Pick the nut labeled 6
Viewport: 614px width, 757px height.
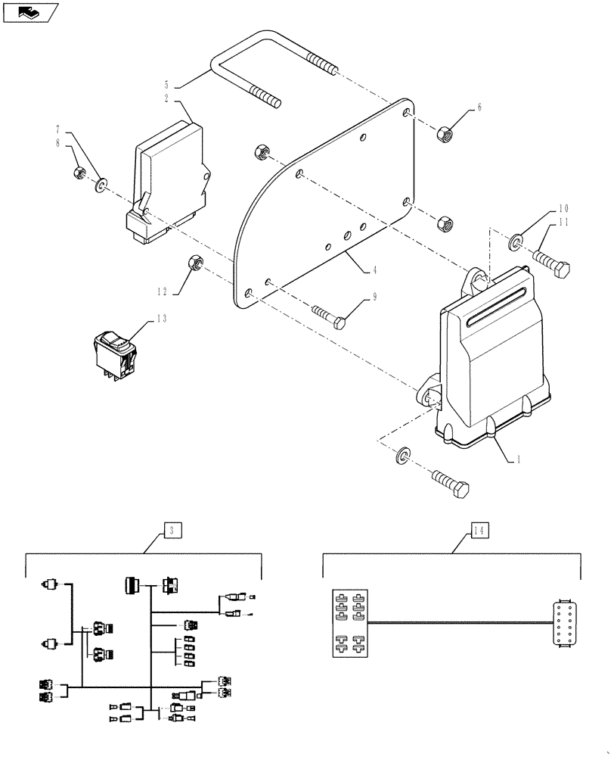(443, 134)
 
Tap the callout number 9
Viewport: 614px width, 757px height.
(372, 299)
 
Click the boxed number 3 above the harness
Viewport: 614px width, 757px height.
(172, 531)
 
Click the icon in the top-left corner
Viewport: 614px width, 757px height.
(29, 12)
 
